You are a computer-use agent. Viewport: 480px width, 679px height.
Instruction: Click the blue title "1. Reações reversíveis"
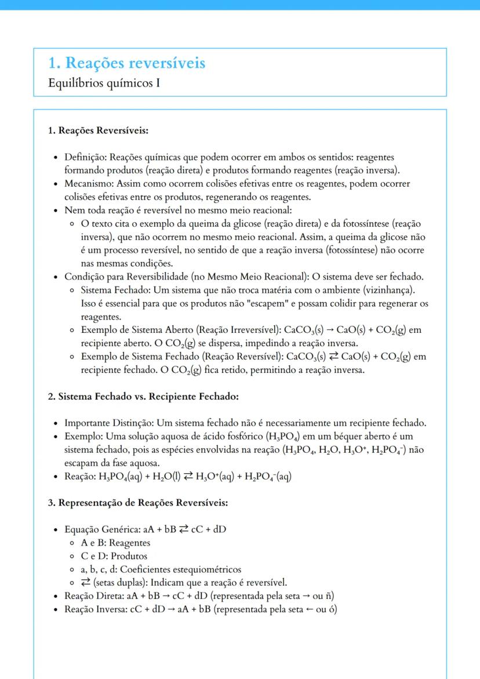point(126,63)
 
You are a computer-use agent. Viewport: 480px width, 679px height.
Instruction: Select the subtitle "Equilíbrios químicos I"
point(104,83)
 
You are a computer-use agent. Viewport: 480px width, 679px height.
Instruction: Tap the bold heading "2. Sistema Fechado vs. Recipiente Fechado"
point(143,397)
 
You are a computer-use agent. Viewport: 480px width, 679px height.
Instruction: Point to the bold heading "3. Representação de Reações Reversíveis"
point(138,502)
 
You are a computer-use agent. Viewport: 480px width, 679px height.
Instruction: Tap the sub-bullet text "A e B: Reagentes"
point(115,543)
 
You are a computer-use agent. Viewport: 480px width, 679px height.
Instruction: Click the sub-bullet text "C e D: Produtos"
point(114,556)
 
